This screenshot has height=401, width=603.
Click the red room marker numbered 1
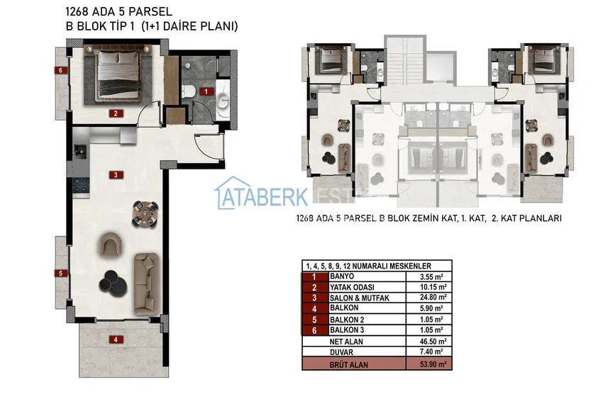206,91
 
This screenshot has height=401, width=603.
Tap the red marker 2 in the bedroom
116,113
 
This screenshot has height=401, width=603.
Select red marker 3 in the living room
116,175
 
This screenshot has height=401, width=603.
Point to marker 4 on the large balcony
116,339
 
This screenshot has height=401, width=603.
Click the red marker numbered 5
61,273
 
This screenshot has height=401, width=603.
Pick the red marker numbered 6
61,70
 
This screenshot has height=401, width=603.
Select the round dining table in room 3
145,214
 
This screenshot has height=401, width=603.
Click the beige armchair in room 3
111,244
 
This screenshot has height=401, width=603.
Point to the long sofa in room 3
147,283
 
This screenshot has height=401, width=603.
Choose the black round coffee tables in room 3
113,283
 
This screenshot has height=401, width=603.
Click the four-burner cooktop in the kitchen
81,185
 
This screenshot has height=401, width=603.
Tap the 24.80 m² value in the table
433,298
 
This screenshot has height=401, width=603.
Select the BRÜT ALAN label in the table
348,365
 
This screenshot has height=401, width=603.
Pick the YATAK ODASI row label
352,288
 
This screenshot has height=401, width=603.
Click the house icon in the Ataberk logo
229,193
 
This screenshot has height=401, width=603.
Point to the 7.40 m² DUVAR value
432,351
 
